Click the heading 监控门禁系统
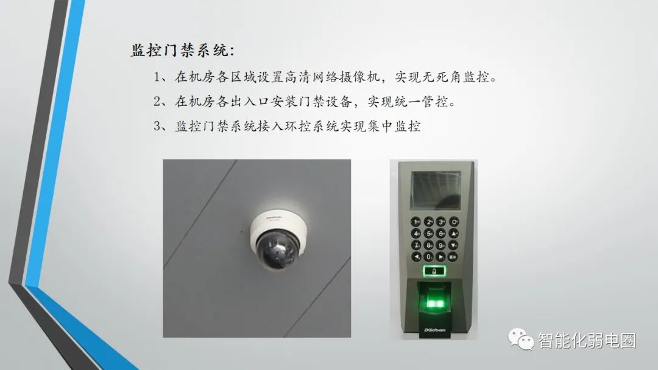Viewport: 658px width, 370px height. click(182, 50)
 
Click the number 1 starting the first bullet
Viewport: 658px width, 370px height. click(157, 77)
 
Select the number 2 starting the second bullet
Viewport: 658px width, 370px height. click(157, 101)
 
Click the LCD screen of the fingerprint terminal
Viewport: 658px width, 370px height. click(433, 189)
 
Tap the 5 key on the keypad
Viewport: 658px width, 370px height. click(430, 233)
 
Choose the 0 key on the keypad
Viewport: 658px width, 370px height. click(430, 256)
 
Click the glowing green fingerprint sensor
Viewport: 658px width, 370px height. click(433, 302)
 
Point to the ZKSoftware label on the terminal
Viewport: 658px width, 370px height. click(434, 330)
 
